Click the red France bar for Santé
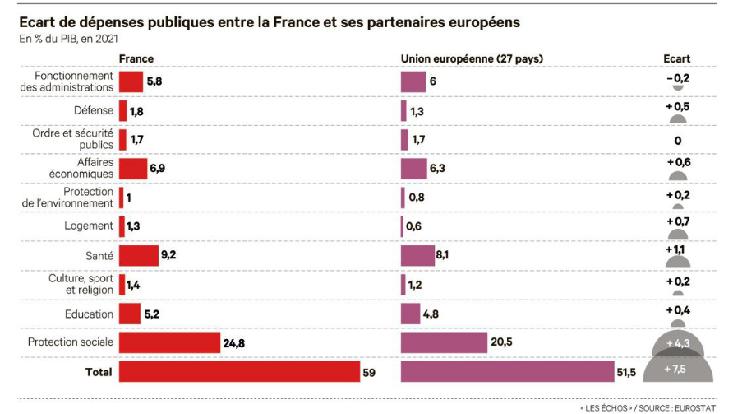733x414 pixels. (x=138, y=255)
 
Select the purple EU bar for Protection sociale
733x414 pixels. (x=444, y=342)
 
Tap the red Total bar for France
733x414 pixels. (x=239, y=372)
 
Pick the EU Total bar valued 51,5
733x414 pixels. (x=507, y=372)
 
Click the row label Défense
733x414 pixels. (x=94, y=110)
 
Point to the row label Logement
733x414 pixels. (x=89, y=226)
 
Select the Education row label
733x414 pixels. (x=89, y=314)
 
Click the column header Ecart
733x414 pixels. (x=677, y=59)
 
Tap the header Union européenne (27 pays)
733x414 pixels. (x=472, y=59)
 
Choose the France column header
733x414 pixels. (x=136, y=59)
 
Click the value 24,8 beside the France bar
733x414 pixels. (x=233, y=342)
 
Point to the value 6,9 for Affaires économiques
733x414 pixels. (x=159, y=169)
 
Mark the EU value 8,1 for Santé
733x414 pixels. (x=442, y=255)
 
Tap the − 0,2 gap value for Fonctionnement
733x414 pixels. (x=678, y=78)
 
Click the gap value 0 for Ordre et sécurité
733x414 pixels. (x=678, y=141)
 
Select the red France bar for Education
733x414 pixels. (x=130, y=314)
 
